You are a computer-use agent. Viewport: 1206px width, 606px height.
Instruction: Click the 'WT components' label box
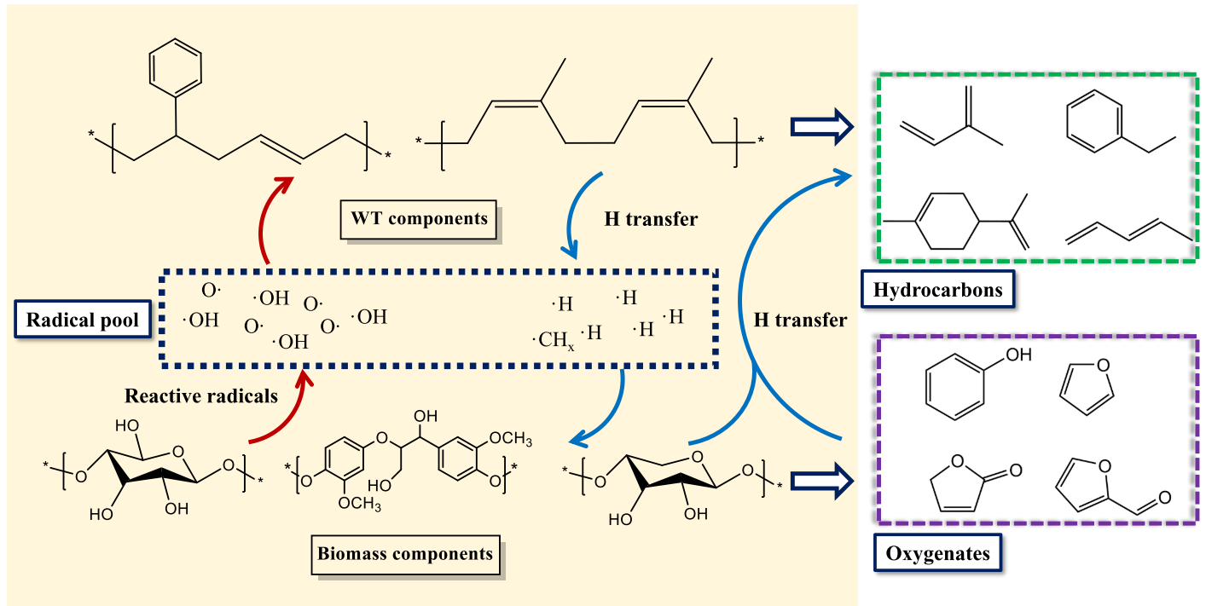click(x=420, y=218)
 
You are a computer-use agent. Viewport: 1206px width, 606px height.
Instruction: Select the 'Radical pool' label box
click(x=78, y=321)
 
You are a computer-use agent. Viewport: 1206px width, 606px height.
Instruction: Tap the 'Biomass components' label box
click(x=405, y=554)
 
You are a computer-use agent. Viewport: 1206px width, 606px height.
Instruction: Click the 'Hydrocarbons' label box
click(x=937, y=290)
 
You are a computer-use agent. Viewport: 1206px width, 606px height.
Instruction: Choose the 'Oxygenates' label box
click(x=937, y=554)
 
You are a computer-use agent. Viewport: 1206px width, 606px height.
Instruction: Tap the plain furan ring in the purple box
click(x=1086, y=388)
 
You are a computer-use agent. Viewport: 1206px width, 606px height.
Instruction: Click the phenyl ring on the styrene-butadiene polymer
click(x=176, y=65)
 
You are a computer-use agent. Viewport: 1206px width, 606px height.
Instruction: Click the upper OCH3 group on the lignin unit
click(x=511, y=440)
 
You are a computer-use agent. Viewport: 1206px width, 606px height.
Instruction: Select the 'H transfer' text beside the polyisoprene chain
click(x=651, y=219)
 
